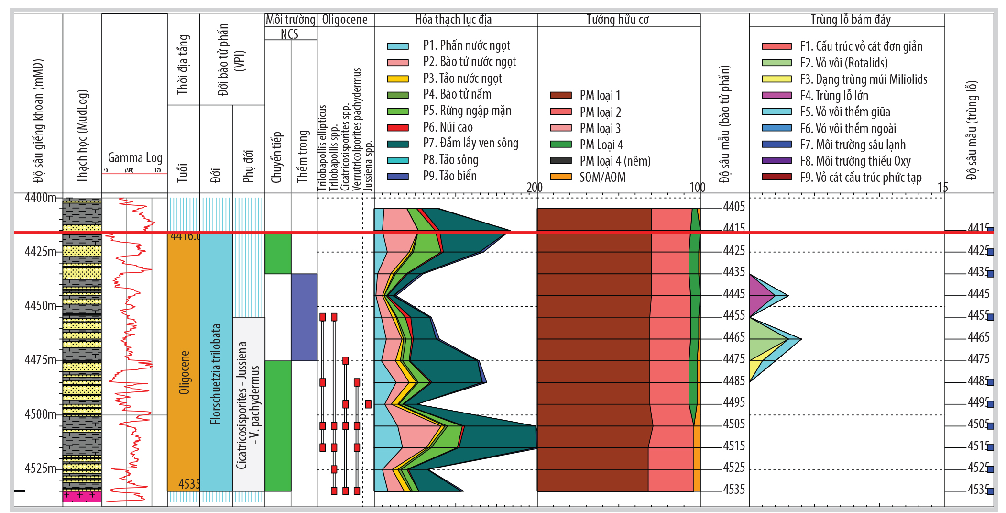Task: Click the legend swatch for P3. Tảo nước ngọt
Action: click(x=397, y=79)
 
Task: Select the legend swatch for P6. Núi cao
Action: click(x=397, y=128)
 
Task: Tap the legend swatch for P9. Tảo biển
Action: click(x=397, y=177)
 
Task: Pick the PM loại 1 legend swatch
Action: click(x=560, y=96)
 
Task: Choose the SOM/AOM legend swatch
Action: click(x=560, y=177)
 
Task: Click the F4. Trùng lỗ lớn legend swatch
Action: click(x=776, y=96)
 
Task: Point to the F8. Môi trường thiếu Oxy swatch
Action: click(x=776, y=161)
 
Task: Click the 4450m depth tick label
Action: click(x=40, y=305)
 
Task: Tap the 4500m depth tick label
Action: click(x=40, y=414)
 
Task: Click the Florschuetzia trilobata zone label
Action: click(x=216, y=374)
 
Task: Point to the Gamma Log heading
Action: click(x=135, y=158)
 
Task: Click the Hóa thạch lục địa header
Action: click(x=453, y=20)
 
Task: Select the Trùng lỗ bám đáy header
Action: click(x=850, y=20)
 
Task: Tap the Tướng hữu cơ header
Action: click(x=617, y=20)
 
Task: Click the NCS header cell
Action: click(x=290, y=34)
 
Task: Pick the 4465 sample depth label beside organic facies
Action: click(x=733, y=337)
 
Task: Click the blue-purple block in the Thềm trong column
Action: click(x=304, y=317)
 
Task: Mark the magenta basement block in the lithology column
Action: click(x=82, y=496)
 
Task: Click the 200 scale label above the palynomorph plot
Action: click(x=534, y=188)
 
